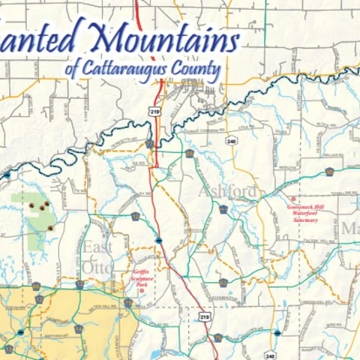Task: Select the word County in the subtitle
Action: [198, 71]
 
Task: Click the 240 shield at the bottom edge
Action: [270, 355]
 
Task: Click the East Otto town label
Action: [98, 257]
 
